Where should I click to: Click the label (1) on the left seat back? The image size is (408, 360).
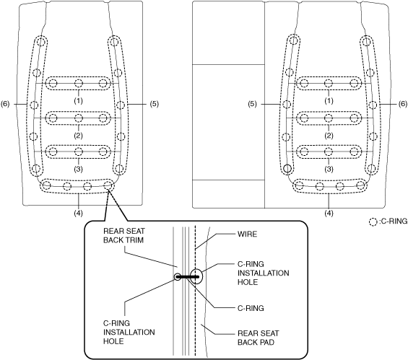pos(78,100)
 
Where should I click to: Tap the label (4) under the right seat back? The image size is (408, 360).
pos(329,213)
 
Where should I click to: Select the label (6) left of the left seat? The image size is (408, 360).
pos(5,104)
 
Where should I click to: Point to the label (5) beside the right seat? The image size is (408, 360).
pos(252,104)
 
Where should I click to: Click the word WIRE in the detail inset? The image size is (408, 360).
pos(247,234)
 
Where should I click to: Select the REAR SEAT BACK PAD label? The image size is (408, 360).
pos(258,338)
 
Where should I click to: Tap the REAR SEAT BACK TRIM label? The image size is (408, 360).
pos(124,235)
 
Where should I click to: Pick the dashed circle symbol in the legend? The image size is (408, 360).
pos(373,221)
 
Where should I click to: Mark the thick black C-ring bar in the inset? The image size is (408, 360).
pos(188,277)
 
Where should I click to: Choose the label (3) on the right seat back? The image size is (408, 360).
pos(329,170)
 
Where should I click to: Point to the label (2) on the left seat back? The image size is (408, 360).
pos(78,136)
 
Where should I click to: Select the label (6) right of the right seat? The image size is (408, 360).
pos(403,104)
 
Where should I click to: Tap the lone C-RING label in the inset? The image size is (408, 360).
pos(251,308)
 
